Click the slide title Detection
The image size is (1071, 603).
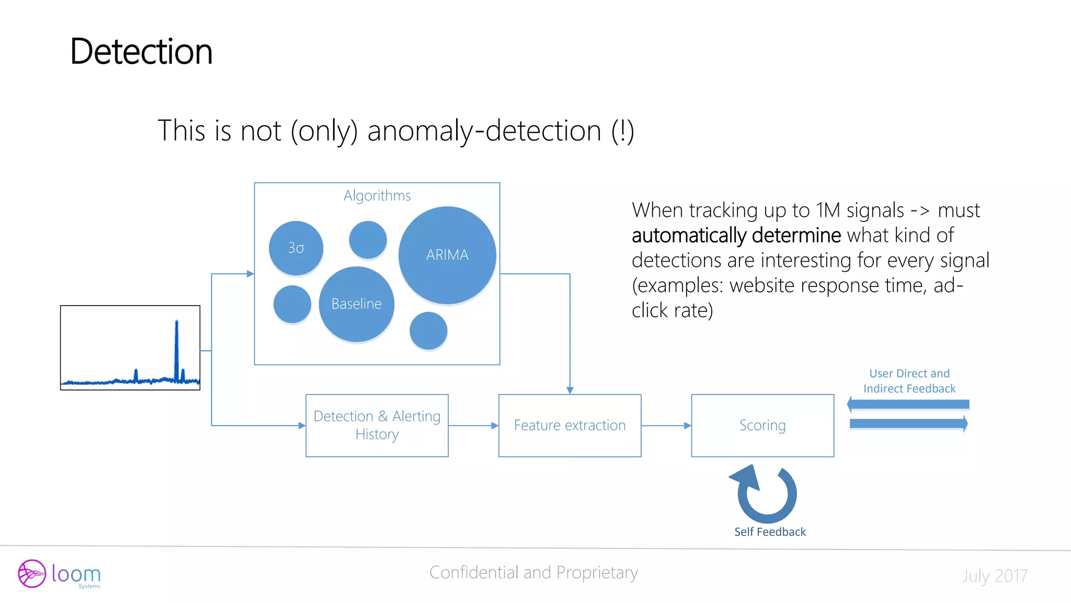tap(141, 52)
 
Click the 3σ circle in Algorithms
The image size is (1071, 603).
tap(296, 248)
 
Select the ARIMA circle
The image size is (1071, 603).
tap(447, 255)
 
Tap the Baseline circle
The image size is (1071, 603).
tap(357, 304)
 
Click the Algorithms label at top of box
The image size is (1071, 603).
tap(377, 196)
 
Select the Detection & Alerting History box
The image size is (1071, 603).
tap(377, 426)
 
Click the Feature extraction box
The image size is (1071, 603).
tap(569, 426)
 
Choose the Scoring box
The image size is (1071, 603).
tap(762, 426)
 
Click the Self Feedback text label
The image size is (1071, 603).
tap(770, 532)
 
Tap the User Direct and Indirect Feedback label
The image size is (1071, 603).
tap(909, 381)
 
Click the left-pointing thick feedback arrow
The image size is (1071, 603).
tap(908, 404)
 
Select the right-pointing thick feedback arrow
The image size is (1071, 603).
tap(909, 423)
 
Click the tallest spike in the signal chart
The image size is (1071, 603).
tap(177, 345)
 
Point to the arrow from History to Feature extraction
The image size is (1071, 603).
tap(473, 426)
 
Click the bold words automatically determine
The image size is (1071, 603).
tap(736, 236)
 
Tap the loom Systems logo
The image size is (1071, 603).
tap(59, 574)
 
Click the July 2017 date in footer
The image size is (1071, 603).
tap(995, 576)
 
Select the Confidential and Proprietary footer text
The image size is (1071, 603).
tap(533, 573)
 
